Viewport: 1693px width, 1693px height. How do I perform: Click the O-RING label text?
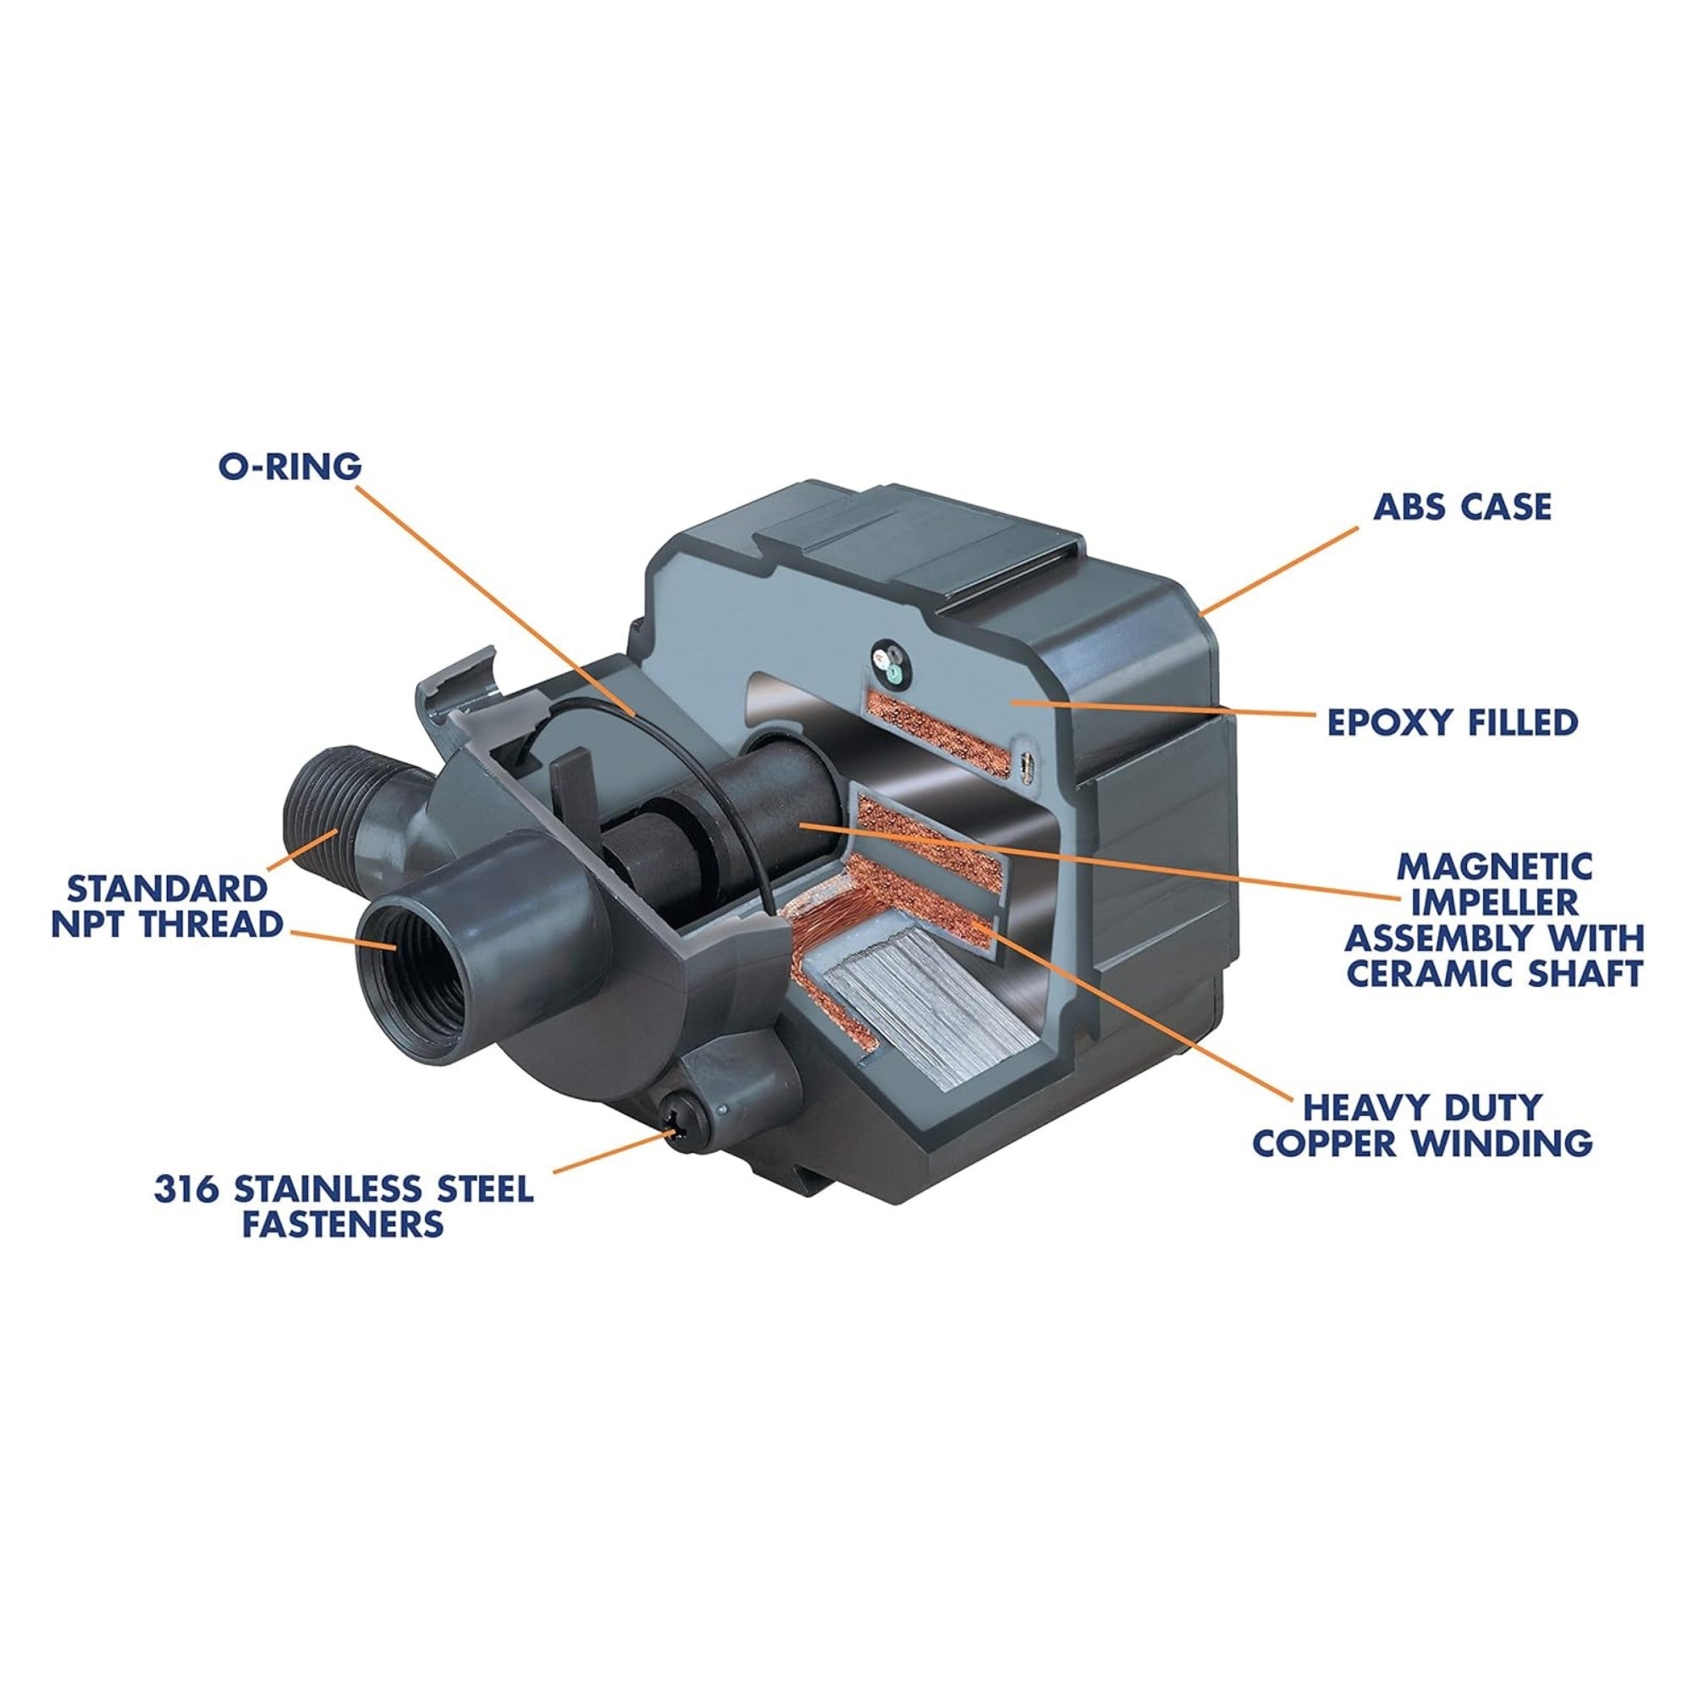[290, 466]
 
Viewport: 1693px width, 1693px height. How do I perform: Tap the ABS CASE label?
[1461, 506]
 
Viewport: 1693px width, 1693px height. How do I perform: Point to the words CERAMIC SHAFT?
[1493, 973]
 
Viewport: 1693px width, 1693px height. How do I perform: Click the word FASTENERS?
[343, 1223]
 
